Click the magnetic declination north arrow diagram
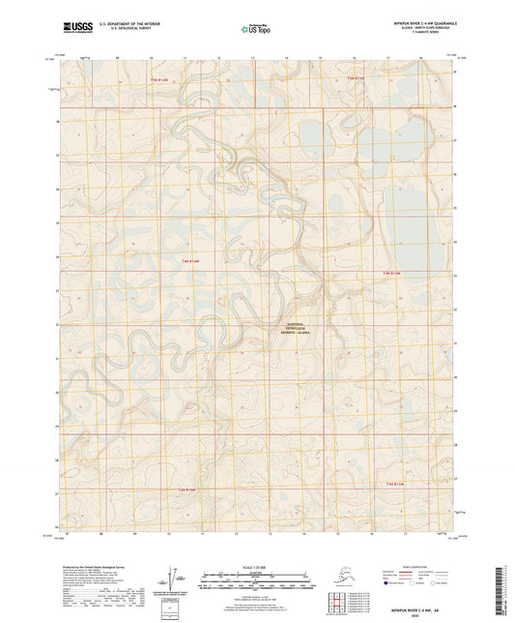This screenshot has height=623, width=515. [x=176, y=578]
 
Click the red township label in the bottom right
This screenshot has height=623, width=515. [x=386, y=483]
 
